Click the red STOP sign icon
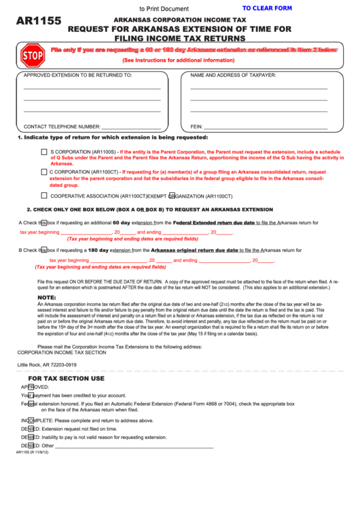[32, 54]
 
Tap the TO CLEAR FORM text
[267, 8]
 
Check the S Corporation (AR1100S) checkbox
[44, 152]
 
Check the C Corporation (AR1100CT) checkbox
[44, 173]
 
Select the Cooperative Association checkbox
[44, 195]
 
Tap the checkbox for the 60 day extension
[43, 222]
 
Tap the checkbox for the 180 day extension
[43, 250]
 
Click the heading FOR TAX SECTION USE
[66, 378]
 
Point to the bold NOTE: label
[47, 298]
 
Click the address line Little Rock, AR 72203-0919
[47, 365]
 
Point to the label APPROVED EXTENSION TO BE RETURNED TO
[77, 75]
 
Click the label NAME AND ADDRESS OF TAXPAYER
[233, 75]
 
